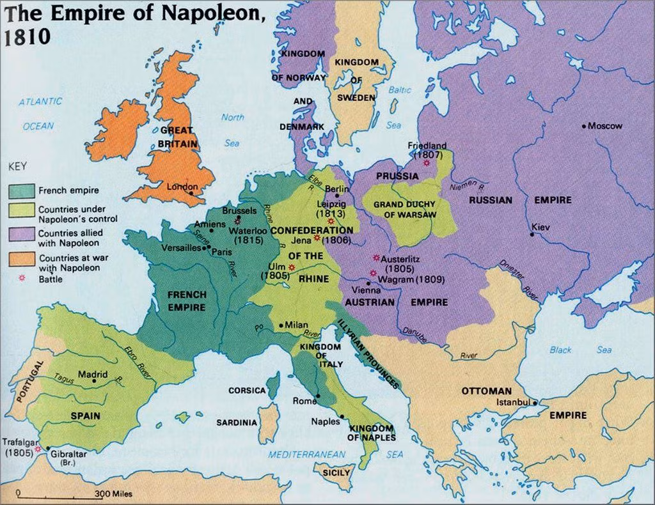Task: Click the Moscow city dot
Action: [x=584, y=126]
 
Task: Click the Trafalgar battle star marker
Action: [x=38, y=449]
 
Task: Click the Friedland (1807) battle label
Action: [x=427, y=150]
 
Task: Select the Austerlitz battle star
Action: [x=376, y=258]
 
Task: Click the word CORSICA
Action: [x=247, y=390]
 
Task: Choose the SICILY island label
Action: [x=336, y=472]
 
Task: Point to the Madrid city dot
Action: [x=94, y=381]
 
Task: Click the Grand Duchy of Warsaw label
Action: [x=405, y=210]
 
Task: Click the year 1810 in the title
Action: [x=24, y=36]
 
